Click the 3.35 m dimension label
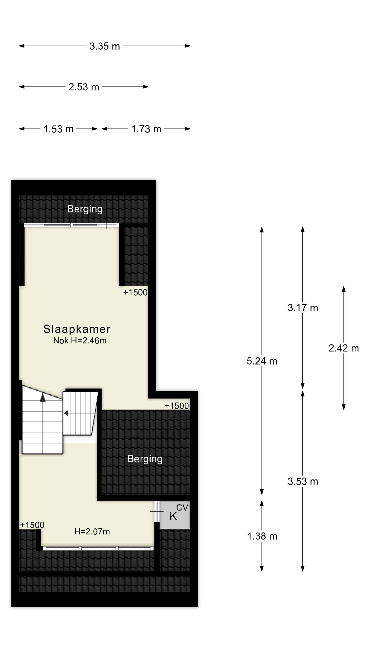pos(104,46)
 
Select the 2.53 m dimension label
pos(83,87)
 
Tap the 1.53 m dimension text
pos(58,129)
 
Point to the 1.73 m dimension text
pos(146,129)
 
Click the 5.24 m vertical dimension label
pos(262,361)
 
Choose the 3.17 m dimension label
pos(303,308)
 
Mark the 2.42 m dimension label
pos(344,348)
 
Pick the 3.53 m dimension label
pos(303,481)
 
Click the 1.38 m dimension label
pos(262,536)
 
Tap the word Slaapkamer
pos(77,329)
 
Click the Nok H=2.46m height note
pos(80,341)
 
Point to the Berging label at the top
pos(85,209)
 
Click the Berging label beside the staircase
pos(145,459)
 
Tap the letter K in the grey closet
pos(173,516)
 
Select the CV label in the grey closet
pos(182,507)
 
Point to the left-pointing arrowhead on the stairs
pos(66,413)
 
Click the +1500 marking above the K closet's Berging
pos(177,406)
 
